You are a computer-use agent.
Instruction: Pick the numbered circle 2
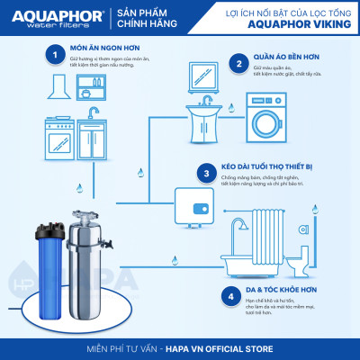pyautogui.click(x=240, y=64)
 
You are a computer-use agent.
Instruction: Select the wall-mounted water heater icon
pyautogui.click(x=198, y=205)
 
